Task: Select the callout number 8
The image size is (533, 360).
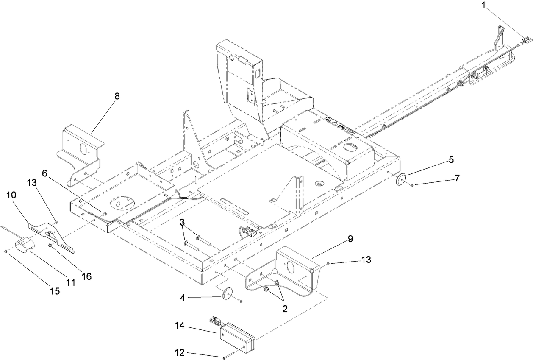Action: pyautogui.click(x=117, y=96)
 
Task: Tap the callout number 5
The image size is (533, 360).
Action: pyautogui.click(x=451, y=160)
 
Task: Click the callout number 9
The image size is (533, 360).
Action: pyautogui.click(x=350, y=239)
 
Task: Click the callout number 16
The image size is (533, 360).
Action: pyautogui.click(x=87, y=276)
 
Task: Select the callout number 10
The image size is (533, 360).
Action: pyautogui.click(x=11, y=195)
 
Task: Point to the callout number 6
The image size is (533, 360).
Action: pyautogui.click(x=45, y=173)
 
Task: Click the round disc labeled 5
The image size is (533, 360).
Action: pyautogui.click(x=400, y=180)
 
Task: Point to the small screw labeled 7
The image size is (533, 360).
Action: pyautogui.click(x=411, y=185)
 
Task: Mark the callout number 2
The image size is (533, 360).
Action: pyautogui.click(x=285, y=309)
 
